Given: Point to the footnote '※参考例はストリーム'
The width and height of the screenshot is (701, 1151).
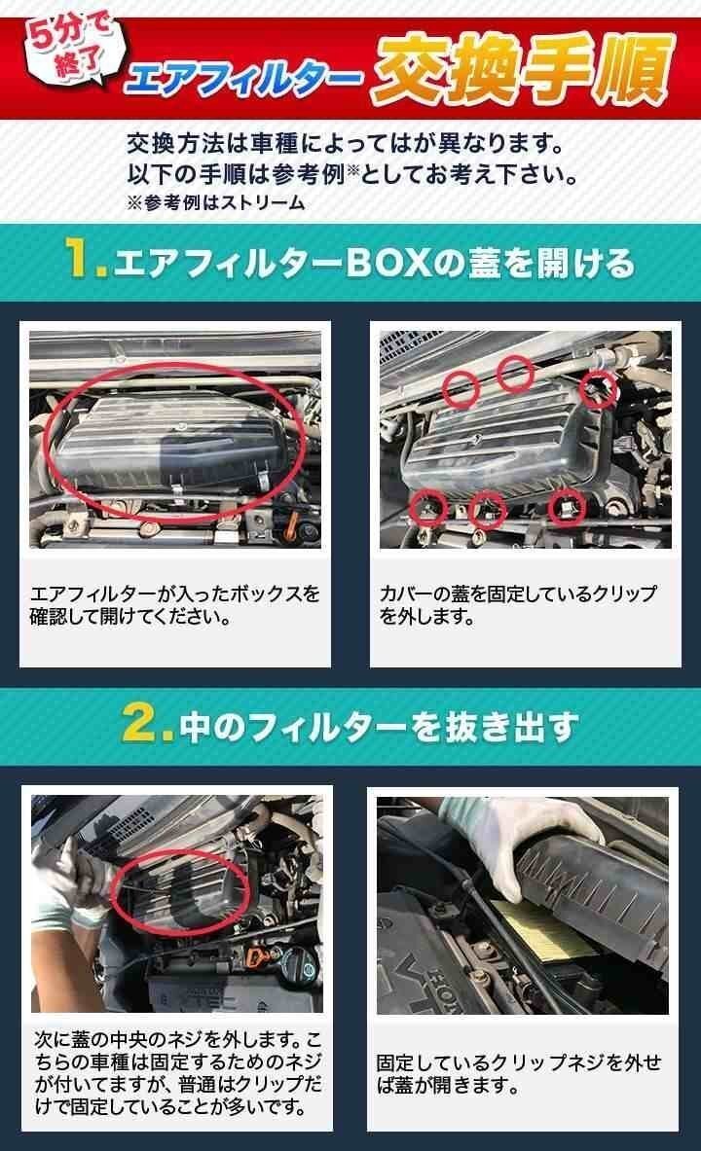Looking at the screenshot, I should tap(215, 202).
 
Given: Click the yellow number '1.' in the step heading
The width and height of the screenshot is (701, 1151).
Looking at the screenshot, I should tap(86, 263).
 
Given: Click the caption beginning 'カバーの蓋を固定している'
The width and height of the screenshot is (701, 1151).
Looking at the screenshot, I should tap(518, 604).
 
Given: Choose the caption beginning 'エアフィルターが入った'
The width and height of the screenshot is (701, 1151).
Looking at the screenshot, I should tap(175, 604).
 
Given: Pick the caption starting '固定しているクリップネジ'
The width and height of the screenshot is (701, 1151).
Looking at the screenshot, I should tap(518, 1072).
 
